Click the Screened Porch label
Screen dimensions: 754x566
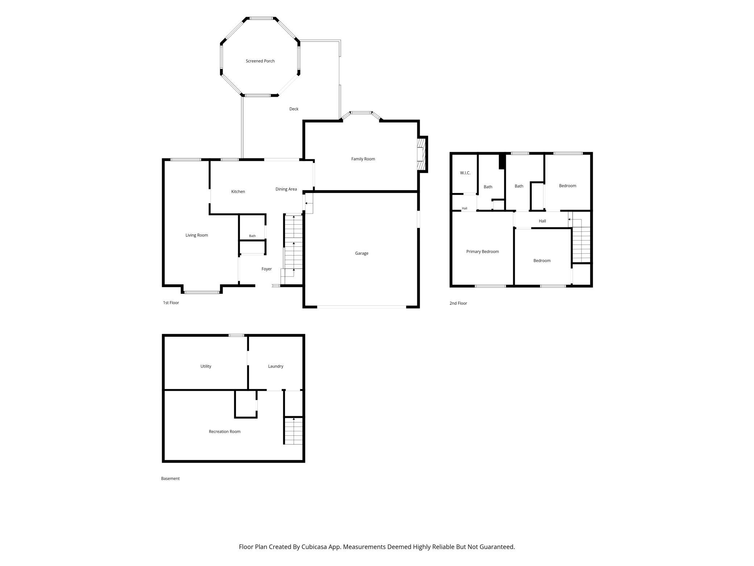coord(260,61)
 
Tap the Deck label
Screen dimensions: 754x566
coord(294,109)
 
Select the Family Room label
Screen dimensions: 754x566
coord(363,159)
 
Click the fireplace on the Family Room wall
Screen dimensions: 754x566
coord(422,154)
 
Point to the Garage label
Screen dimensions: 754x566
coord(361,253)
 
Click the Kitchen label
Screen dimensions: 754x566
coord(238,192)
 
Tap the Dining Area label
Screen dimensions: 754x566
coord(286,189)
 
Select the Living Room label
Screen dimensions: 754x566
coord(196,235)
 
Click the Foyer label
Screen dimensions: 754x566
coord(266,269)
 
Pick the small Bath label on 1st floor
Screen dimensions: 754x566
coord(252,236)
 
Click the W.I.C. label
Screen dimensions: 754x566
coord(465,173)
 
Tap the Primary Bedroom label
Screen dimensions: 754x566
coord(482,251)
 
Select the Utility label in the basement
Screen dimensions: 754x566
coord(206,366)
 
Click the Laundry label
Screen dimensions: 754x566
coord(275,366)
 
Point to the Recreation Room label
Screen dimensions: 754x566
coord(224,431)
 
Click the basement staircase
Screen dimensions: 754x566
coord(293,431)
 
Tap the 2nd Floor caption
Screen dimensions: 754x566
coord(458,303)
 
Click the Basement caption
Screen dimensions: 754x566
coord(170,479)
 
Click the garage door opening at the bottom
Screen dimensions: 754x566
coord(361,307)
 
